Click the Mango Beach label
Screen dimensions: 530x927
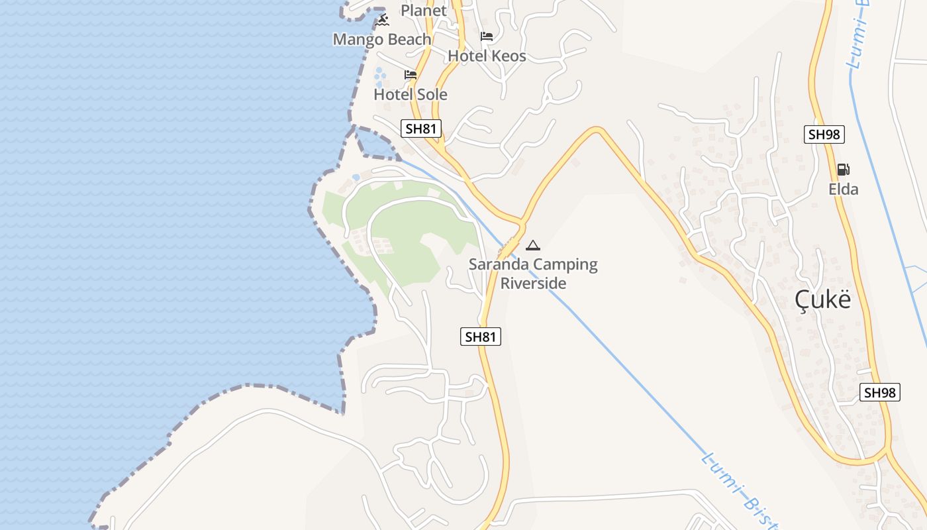click(x=382, y=40)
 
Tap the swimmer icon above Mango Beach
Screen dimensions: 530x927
click(x=383, y=21)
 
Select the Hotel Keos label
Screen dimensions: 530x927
click(x=487, y=56)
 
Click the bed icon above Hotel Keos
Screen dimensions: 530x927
click(x=487, y=36)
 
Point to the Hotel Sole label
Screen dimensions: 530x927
click(x=411, y=95)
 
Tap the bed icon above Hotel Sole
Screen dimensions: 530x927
click(x=411, y=75)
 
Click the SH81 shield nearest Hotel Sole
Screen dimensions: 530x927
click(x=421, y=129)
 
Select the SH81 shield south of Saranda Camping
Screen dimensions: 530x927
click(x=481, y=337)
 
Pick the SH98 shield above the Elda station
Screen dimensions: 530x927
click(x=824, y=134)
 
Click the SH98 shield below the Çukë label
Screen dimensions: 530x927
click(x=880, y=392)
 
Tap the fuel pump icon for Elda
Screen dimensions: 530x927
click(x=843, y=170)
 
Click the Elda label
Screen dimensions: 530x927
click(x=843, y=189)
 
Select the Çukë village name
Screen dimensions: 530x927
click(x=822, y=300)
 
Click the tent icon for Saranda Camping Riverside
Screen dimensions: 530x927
click(x=533, y=245)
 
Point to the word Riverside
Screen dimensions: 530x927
click(x=533, y=284)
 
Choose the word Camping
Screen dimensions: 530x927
click(x=565, y=265)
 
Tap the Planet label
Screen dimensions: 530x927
click(x=424, y=11)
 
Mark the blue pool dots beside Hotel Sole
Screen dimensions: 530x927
click(x=379, y=78)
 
